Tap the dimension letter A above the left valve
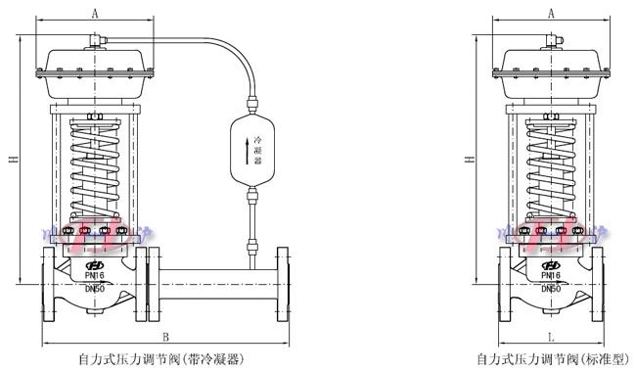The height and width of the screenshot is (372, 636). click(x=94, y=14)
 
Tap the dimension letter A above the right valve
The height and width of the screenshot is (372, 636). click(x=552, y=14)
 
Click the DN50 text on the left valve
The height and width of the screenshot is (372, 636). click(x=94, y=289)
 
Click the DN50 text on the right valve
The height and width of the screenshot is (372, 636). click(x=552, y=289)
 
